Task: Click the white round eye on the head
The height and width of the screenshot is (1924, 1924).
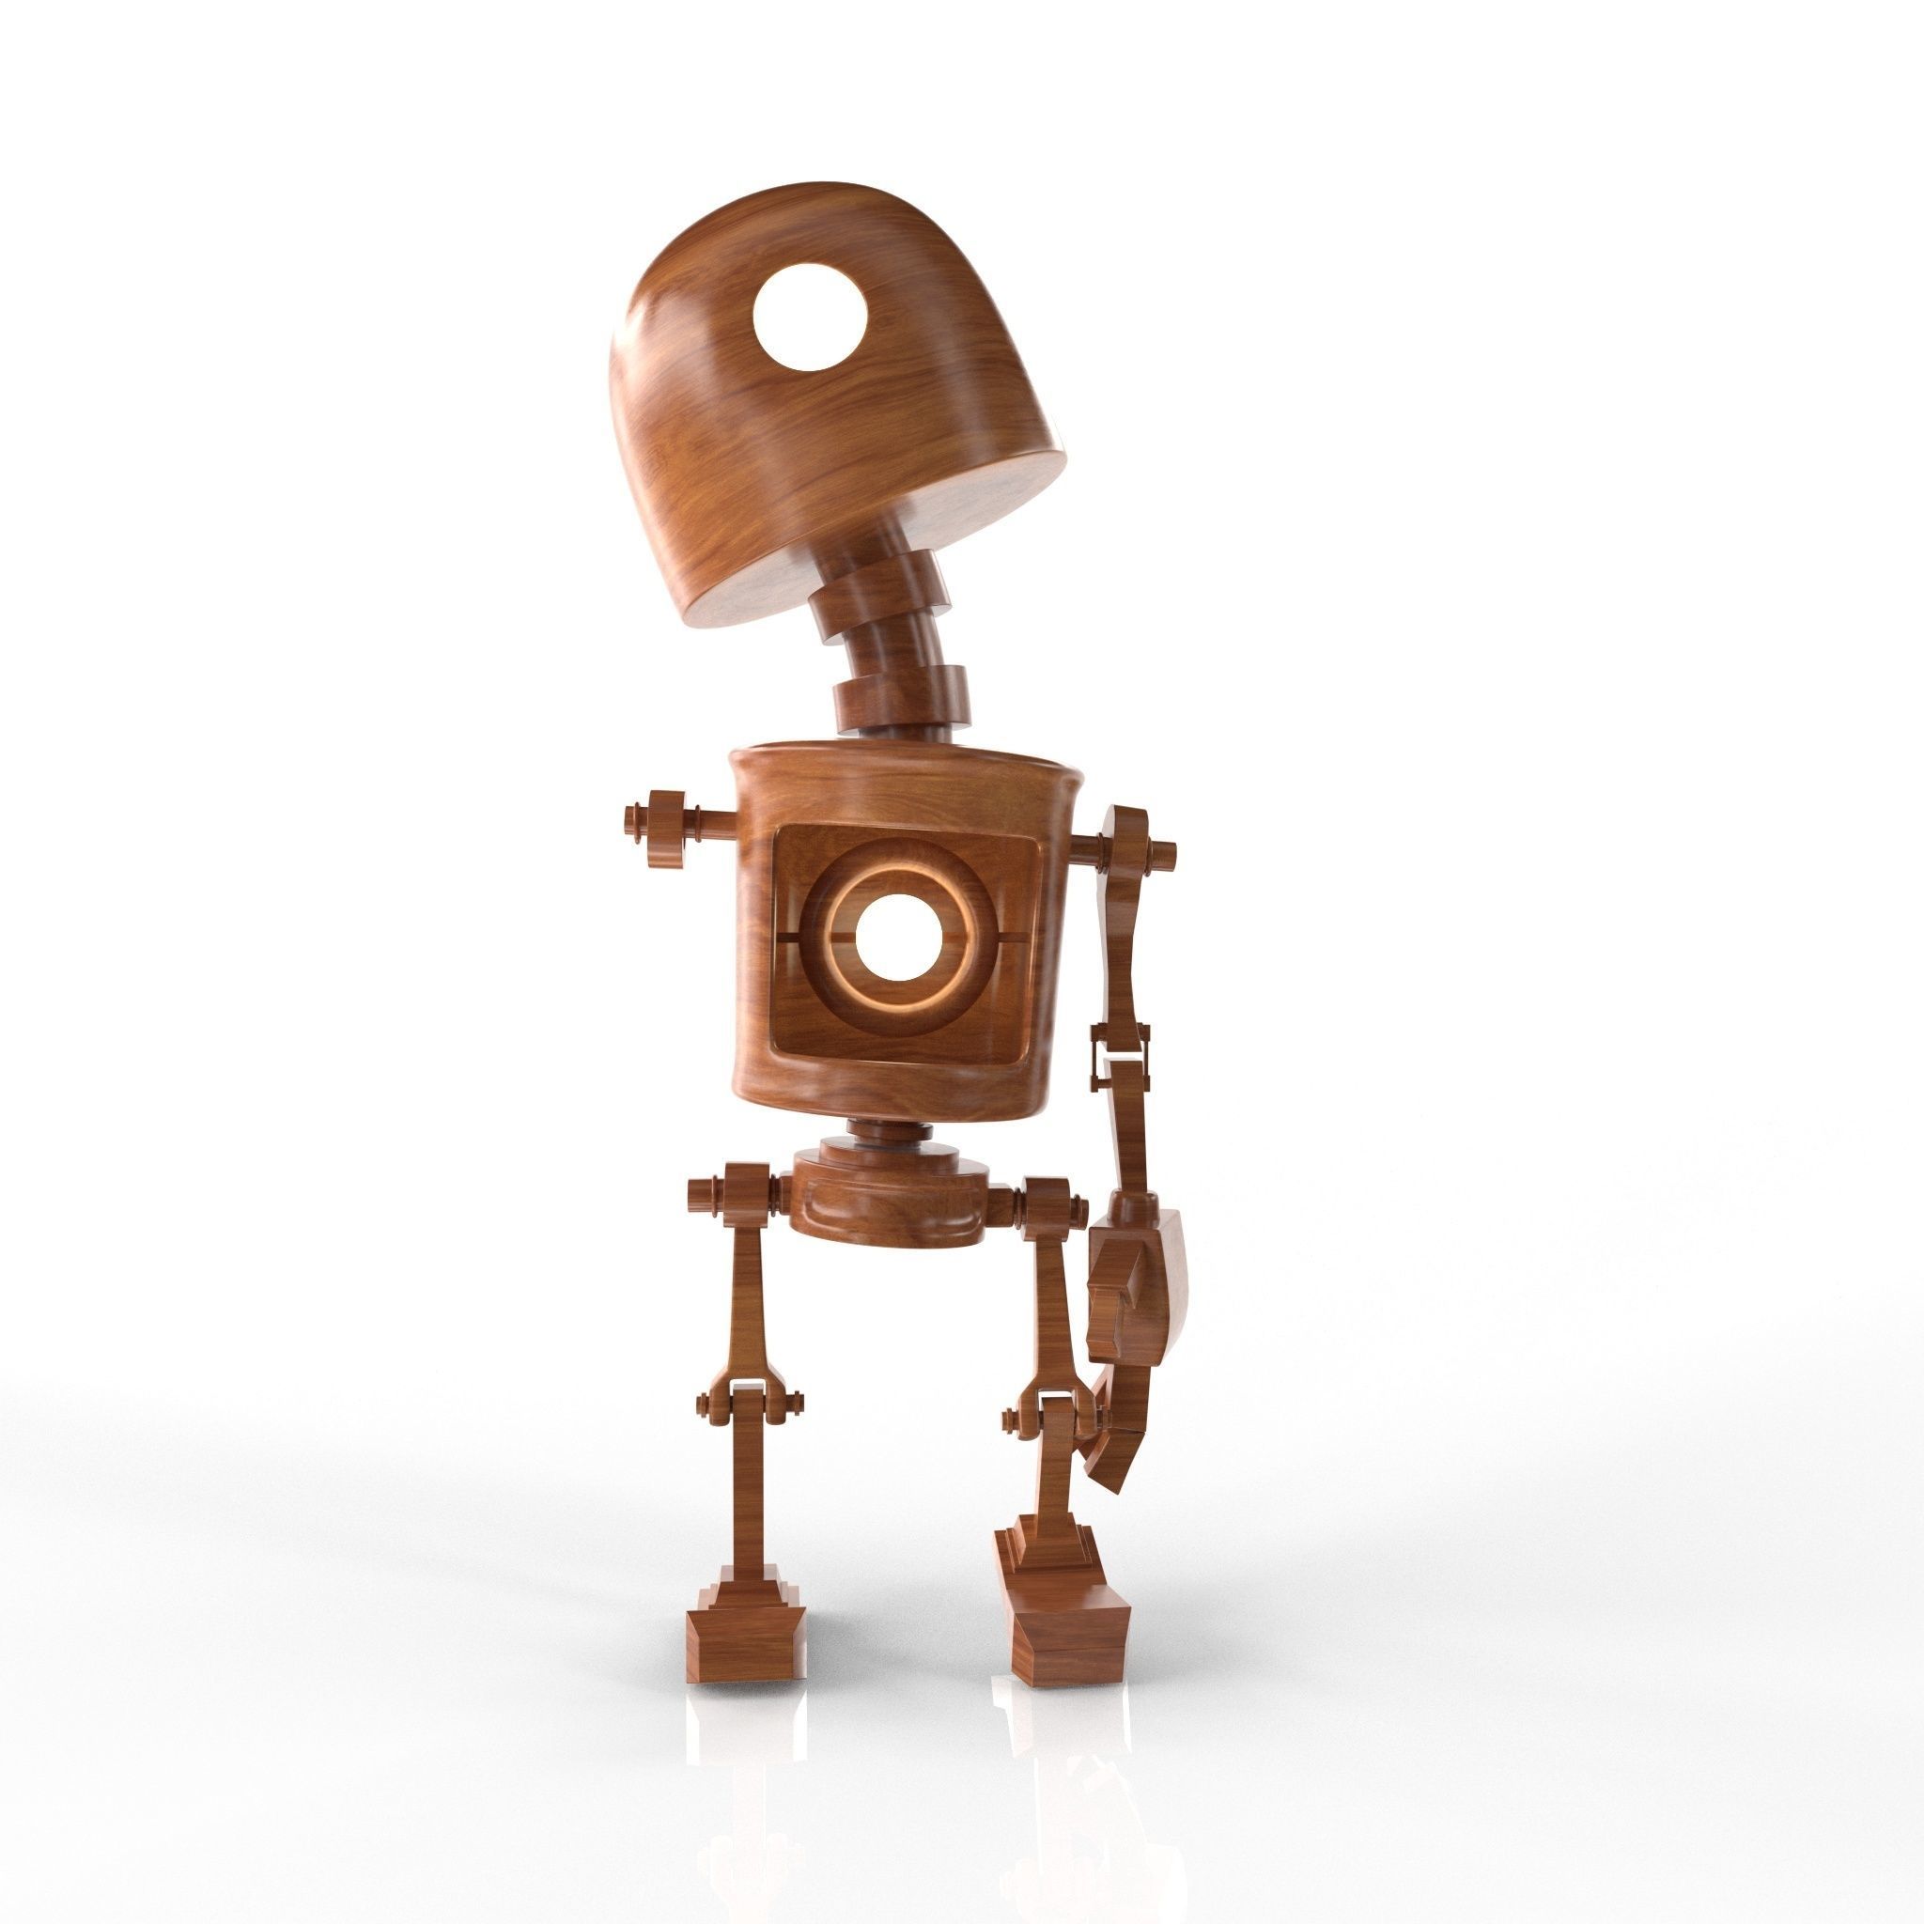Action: (x=809, y=318)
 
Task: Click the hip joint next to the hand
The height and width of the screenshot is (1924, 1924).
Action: (x=1047, y=1195)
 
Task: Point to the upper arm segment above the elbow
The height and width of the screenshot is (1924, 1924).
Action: (x=1123, y=956)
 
